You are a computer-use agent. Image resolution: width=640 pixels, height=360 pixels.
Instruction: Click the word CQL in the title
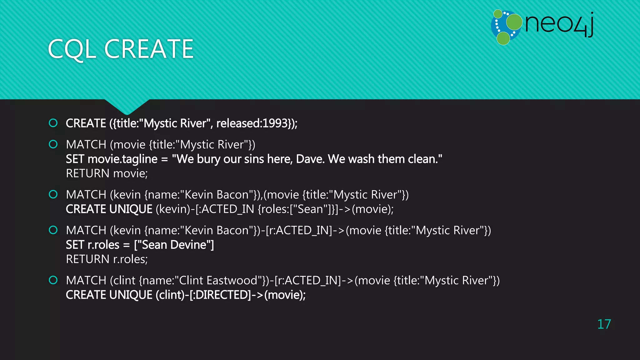72,49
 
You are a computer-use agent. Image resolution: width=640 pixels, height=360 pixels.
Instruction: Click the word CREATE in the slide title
149,49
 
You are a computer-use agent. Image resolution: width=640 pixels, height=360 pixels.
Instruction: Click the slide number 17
604,324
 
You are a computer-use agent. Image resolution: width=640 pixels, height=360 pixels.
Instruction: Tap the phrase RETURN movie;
107,173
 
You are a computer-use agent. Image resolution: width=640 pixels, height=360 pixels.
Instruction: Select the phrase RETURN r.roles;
107,259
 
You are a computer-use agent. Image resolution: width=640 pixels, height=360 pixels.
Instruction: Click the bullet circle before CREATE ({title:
53,123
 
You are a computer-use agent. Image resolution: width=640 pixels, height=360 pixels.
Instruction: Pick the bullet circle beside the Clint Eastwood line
53,280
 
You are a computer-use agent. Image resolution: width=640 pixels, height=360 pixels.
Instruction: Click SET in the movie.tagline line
75,159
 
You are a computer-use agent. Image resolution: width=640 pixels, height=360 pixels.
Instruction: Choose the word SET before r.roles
75,245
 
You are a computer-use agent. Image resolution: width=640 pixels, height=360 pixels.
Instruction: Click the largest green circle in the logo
514,22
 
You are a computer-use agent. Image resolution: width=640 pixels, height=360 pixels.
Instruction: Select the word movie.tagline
122,159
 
